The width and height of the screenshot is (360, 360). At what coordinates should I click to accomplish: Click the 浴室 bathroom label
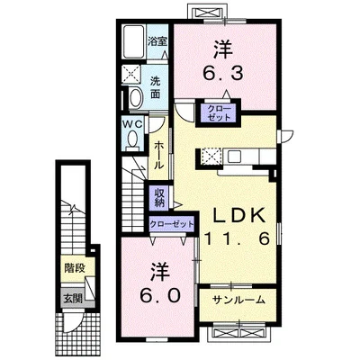click(157, 42)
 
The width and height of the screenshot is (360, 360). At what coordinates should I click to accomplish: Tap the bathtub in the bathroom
click(134, 41)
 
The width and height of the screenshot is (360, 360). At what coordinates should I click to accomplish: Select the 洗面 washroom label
click(155, 87)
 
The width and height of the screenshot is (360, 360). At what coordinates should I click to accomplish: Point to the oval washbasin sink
click(136, 96)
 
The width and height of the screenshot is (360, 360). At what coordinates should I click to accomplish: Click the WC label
click(133, 124)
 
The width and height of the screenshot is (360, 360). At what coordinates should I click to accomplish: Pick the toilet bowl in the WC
click(133, 140)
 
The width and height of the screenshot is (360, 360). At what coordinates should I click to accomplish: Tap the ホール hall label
click(159, 156)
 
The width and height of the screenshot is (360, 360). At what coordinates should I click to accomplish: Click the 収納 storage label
click(159, 198)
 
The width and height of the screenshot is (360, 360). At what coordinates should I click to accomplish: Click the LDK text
click(239, 215)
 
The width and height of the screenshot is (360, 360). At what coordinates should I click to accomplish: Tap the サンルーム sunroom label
click(238, 300)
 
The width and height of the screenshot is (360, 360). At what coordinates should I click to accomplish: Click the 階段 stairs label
click(75, 268)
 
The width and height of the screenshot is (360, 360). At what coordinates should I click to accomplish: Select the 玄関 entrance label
click(72, 298)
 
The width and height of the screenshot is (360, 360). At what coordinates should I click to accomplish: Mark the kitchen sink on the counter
click(234, 156)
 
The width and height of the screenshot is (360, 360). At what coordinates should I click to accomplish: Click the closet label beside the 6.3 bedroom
click(219, 113)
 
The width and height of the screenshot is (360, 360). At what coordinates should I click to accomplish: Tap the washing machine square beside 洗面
click(131, 74)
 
